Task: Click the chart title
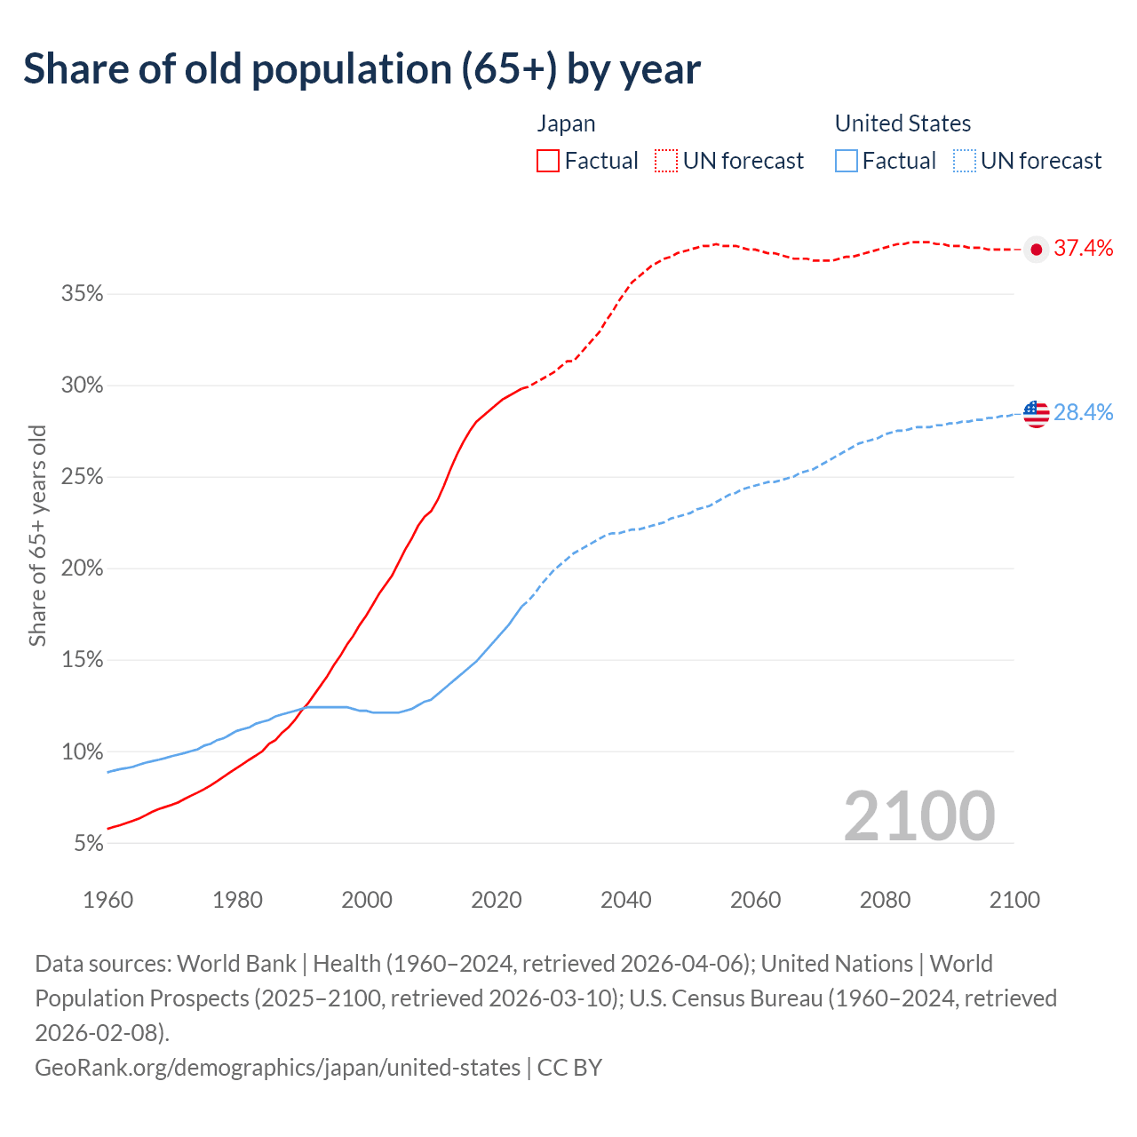(x=362, y=69)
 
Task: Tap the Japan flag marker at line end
(x=1036, y=249)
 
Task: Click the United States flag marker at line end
(x=1036, y=413)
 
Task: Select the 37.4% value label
(x=1083, y=249)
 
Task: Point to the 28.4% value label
(x=1083, y=412)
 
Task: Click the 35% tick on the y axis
(x=83, y=294)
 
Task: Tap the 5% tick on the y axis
(x=88, y=843)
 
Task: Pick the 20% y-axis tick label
(x=83, y=568)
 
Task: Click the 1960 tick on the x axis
(x=108, y=900)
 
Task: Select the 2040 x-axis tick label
(x=626, y=900)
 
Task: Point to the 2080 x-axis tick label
(x=885, y=900)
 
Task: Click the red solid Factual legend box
(x=548, y=161)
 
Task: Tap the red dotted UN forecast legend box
(x=666, y=161)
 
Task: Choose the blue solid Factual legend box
(x=847, y=161)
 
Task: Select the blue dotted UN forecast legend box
(x=964, y=161)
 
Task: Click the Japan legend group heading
(x=566, y=123)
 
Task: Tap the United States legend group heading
(x=902, y=123)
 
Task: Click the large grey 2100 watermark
(x=918, y=815)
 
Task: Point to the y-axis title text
(x=37, y=535)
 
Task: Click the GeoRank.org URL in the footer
(x=277, y=1067)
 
